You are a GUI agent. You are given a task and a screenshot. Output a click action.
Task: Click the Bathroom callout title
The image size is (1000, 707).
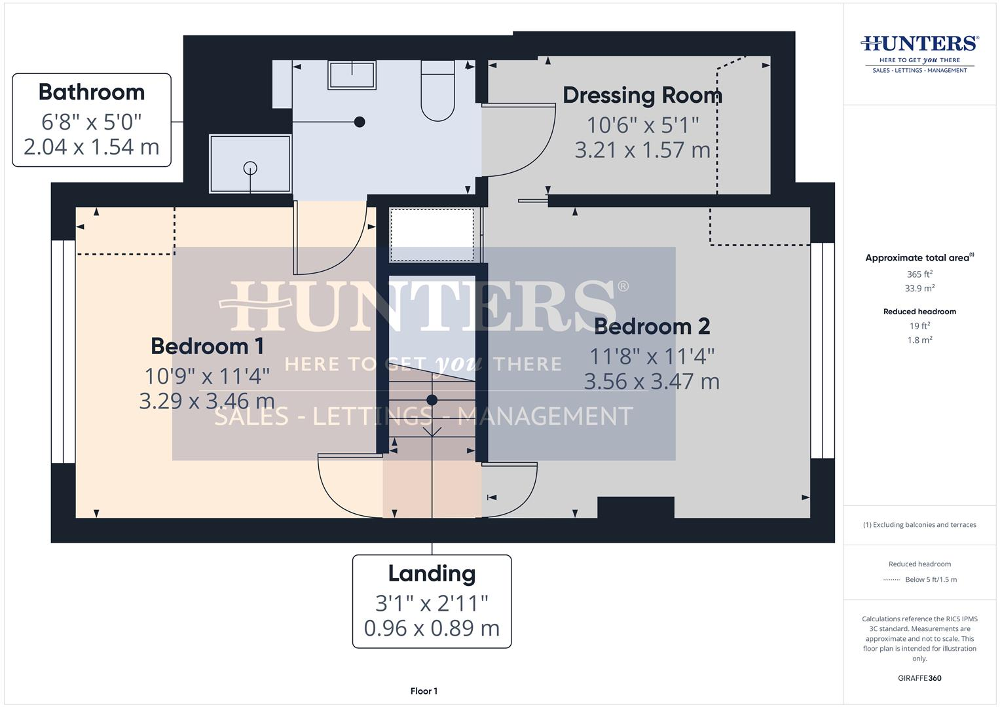(92, 92)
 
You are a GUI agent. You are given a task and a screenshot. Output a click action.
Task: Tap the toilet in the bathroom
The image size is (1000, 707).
(437, 92)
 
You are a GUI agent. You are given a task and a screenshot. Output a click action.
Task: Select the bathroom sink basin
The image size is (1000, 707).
(352, 75)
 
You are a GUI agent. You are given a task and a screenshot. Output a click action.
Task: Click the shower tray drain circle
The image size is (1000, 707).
(250, 168)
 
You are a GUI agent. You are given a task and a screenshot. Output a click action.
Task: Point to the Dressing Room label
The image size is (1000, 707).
(642, 96)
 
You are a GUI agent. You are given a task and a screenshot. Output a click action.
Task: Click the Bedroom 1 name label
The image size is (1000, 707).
(207, 346)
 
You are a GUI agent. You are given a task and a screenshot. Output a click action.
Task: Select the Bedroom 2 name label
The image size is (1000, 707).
(652, 326)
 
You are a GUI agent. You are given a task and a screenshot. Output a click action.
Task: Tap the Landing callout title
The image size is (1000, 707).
(432, 573)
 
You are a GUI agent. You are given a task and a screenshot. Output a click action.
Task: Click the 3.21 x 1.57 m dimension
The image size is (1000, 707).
(642, 150)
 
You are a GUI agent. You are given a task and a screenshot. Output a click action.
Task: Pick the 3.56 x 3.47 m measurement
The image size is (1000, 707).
(652, 381)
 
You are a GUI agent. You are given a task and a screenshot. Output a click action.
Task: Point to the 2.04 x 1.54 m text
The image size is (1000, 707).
(92, 147)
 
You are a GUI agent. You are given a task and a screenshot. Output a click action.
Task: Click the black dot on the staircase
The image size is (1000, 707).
(432, 399)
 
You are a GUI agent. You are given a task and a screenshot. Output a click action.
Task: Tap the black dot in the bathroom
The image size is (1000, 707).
(359, 122)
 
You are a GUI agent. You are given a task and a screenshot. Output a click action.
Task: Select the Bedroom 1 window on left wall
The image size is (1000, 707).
(64, 352)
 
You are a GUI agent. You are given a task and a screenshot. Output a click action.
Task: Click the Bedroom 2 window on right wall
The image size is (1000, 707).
(823, 350)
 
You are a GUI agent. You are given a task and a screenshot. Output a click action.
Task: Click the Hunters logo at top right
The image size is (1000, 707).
(919, 52)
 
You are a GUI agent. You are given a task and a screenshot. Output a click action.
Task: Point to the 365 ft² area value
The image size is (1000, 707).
(919, 274)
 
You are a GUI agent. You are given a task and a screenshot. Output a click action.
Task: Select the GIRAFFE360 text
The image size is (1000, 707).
(919, 678)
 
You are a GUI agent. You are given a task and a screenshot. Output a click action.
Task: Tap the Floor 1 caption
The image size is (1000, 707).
(424, 691)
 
